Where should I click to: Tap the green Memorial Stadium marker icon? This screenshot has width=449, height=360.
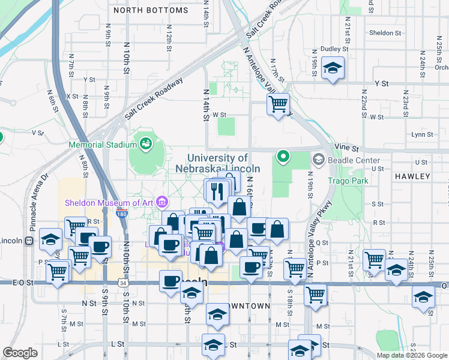(145, 143)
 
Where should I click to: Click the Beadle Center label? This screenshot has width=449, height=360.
(354, 160)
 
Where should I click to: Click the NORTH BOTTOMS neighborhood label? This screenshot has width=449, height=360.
(150, 11)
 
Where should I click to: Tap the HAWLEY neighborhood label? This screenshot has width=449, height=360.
(412, 176)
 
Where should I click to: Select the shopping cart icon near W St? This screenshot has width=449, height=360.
(278, 104)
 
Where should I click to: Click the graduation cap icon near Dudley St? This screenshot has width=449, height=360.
(332, 68)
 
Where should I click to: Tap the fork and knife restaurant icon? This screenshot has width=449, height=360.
(217, 190)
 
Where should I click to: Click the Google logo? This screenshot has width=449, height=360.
(20, 353)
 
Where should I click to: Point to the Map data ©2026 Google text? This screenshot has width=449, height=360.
(412, 355)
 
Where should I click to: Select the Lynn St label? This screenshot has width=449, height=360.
(423, 134)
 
